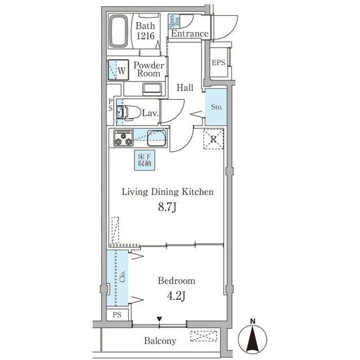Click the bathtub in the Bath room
pos(119,31)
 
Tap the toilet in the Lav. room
pos(129,112)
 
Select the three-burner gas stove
pos(123,138)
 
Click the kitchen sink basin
pos(156,138)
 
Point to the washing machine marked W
pos(118,70)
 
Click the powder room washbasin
pos(152,89)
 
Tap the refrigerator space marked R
pos(214,139)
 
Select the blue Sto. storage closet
pos(216,107)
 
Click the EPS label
pos(218,62)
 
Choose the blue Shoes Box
pos(174,21)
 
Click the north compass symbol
pos(253,339)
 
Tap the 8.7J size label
pos(167,208)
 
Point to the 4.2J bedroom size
pos(176,296)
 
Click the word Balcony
pos(160,341)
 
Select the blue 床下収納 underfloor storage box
pos(145,160)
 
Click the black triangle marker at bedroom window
pos(160,319)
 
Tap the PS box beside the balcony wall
pos(117,314)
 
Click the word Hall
pos(185,88)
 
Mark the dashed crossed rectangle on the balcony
pos(204,336)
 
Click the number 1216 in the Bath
pos(145,36)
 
